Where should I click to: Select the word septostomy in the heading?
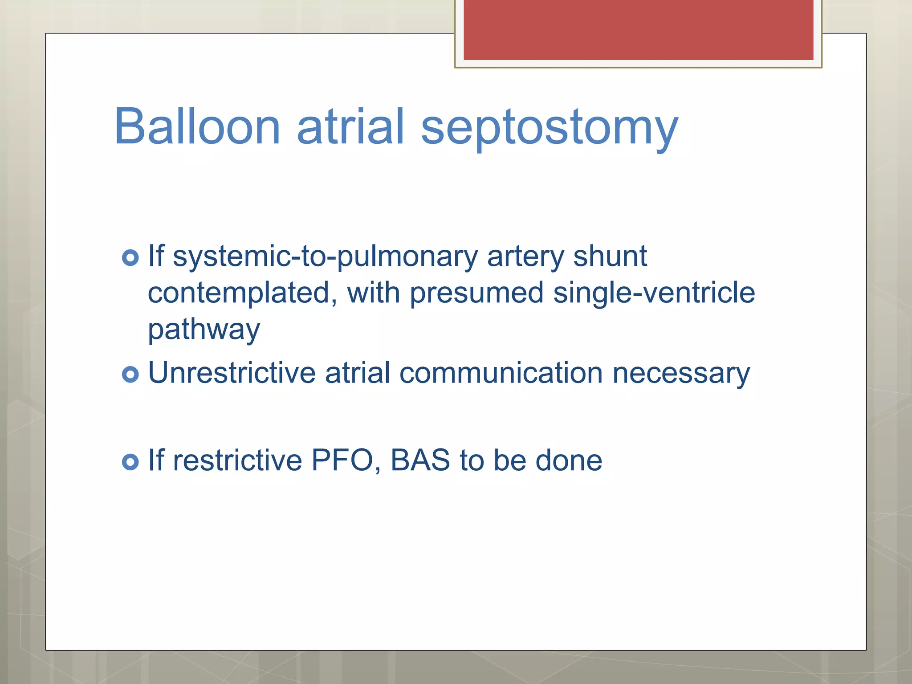(549, 129)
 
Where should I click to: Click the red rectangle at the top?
(638, 29)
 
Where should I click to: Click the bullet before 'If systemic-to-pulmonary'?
(130, 258)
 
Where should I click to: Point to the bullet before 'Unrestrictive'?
(130, 374)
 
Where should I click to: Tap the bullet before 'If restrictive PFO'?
(130, 462)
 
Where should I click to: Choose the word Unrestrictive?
(232, 373)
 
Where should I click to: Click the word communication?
(501, 373)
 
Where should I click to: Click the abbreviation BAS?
(420, 460)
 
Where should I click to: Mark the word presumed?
(476, 293)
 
